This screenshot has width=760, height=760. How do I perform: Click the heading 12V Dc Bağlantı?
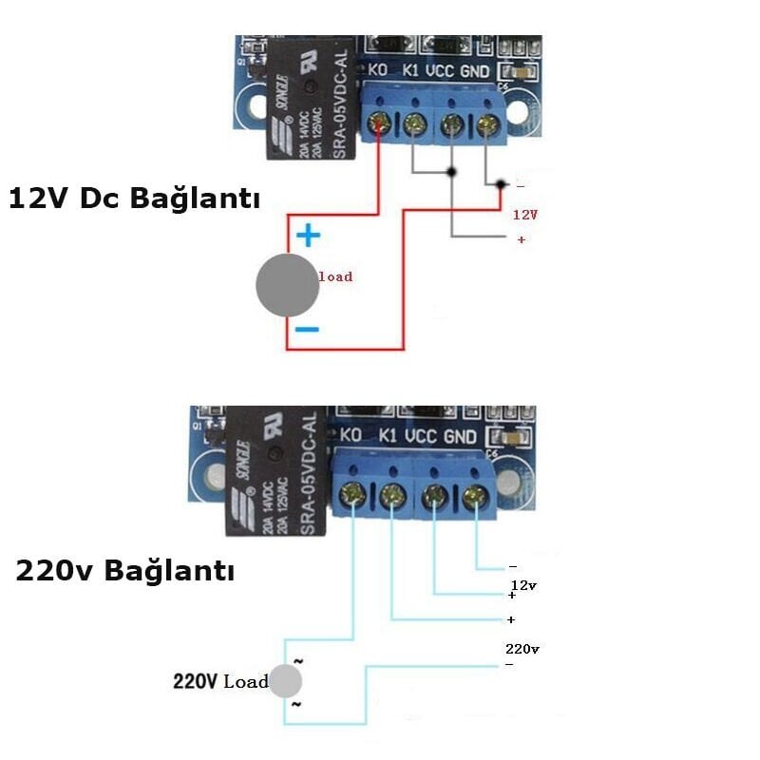[x=134, y=199]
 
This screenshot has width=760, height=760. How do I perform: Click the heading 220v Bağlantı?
[x=124, y=571]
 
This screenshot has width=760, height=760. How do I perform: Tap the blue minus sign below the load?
[x=307, y=330]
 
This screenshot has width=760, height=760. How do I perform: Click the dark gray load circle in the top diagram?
[x=287, y=285]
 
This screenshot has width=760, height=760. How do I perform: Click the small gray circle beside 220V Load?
[x=286, y=680]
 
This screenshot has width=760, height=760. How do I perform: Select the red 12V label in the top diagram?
[x=525, y=215]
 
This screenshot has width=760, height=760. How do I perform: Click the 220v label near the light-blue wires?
[x=522, y=649]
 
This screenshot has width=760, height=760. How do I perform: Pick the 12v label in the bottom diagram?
[x=523, y=585]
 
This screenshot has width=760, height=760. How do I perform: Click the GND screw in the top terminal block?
[x=488, y=123]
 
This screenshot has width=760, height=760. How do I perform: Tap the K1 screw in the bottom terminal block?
[x=391, y=495]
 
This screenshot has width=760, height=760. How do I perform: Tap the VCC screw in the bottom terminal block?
[x=435, y=496]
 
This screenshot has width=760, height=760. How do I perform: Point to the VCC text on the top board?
[x=439, y=70]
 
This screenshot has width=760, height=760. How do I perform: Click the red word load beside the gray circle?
[x=334, y=276]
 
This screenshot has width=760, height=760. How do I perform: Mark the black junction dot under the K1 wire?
[x=451, y=172]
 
